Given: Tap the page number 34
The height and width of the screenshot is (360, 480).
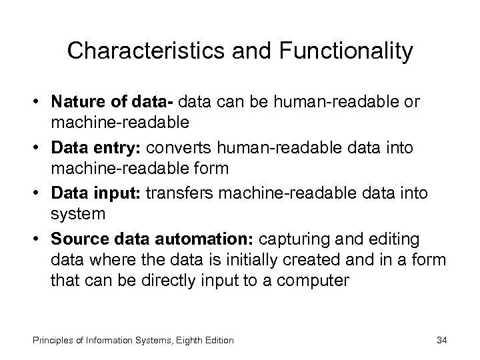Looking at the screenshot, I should point(441,340).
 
